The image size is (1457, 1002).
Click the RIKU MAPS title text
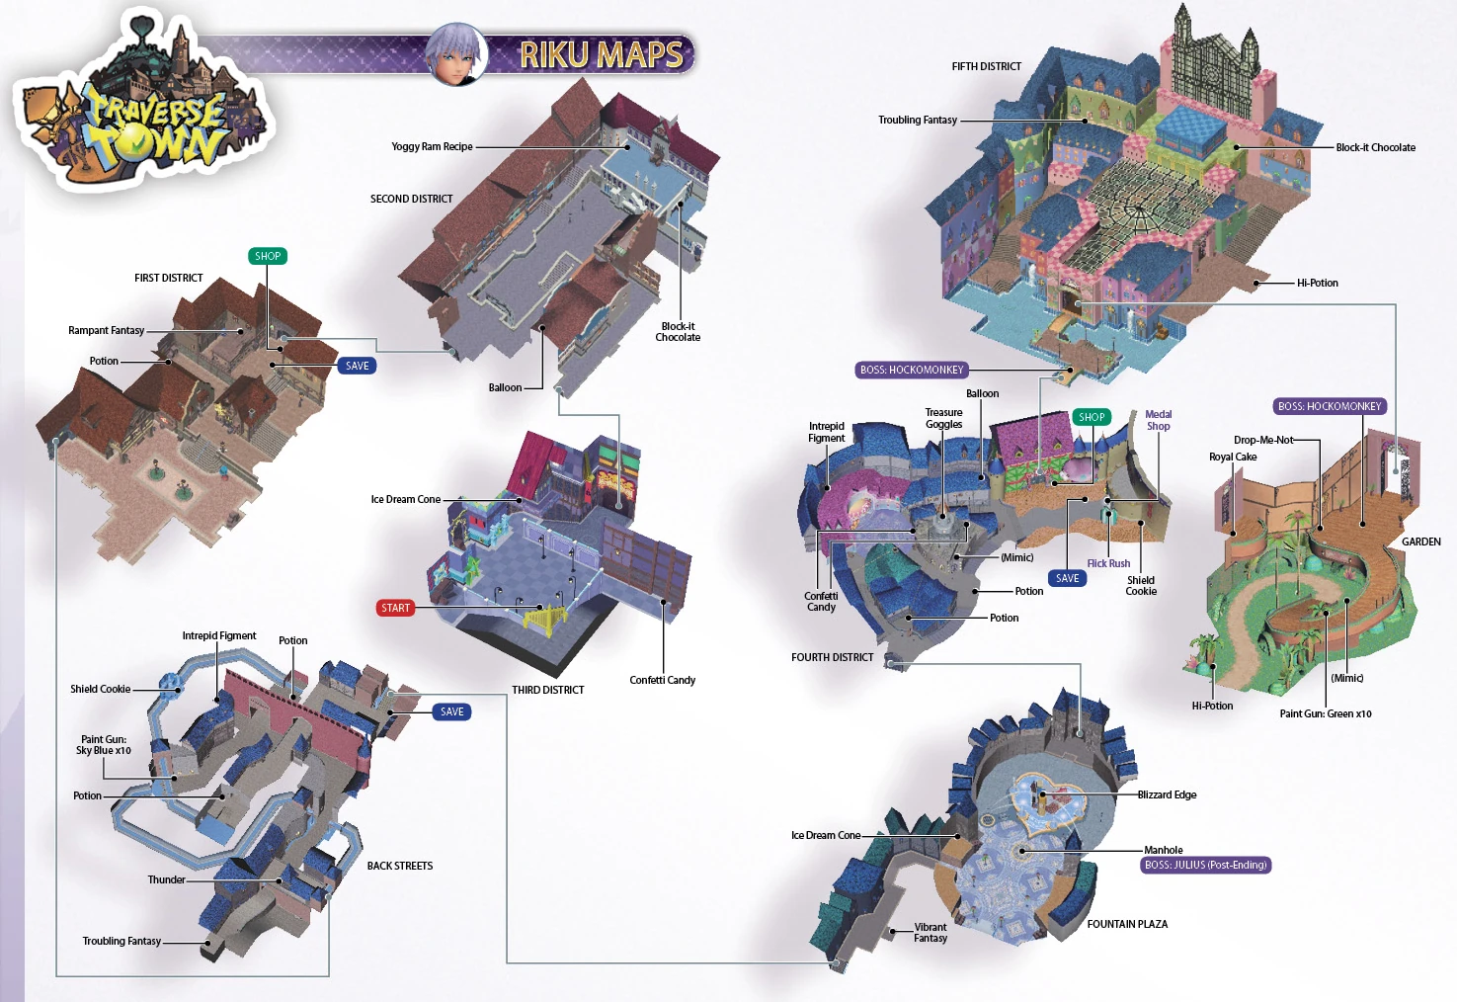(601, 54)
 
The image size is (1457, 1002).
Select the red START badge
(395, 608)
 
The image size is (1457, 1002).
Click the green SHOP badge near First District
(268, 256)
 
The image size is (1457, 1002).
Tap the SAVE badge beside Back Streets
(451, 711)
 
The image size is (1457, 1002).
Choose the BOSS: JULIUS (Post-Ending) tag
(1205, 865)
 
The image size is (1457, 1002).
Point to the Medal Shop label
(1159, 420)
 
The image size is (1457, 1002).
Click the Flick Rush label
(1108, 563)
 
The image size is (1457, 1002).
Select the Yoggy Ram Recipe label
(432, 146)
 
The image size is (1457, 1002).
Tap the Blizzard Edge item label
(1167, 794)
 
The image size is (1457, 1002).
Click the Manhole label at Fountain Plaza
(1163, 850)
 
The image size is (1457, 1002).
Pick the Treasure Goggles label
(943, 418)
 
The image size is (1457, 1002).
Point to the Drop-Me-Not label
(1262, 440)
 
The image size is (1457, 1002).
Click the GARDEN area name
(1420, 542)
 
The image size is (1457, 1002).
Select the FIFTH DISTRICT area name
(986, 66)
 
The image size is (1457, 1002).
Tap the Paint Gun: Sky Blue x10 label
(104, 744)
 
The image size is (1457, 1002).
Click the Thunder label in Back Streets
(166, 879)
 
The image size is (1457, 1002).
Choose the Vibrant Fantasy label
(931, 932)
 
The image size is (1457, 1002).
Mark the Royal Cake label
(1233, 457)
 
